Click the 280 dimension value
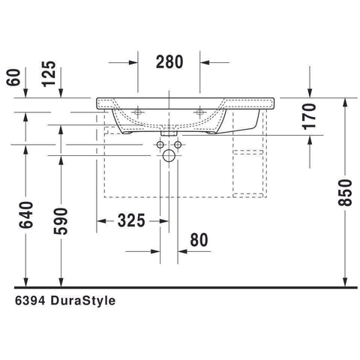click(169, 61)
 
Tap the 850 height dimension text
click(345, 193)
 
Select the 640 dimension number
click(26, 215)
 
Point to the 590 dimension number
click(61, 221)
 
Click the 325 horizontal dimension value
click(131, 220)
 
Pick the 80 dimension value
click(199, 240)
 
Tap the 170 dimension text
click(310, 116)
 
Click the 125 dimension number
click(49, 73)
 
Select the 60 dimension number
click(13, 77)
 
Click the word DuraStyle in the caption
click(83, 300)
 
